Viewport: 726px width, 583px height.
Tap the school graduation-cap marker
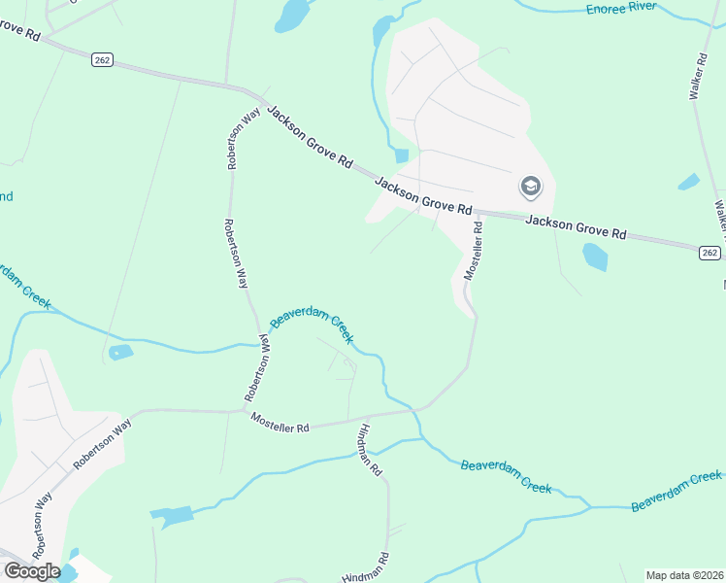[x=530, y=186]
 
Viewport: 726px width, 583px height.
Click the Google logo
[x=32, y=570]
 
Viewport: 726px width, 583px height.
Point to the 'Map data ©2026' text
[x=682, y=574]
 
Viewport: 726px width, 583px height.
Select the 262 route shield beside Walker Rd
[x=709, y=253]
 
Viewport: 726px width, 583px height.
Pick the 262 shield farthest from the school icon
[x=102, y=60]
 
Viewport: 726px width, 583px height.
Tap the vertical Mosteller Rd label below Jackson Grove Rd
[x=473, y=252]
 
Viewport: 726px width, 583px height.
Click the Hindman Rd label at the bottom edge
[x=365, y=568]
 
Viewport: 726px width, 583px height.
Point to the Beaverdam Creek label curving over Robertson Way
[x=311, y=326]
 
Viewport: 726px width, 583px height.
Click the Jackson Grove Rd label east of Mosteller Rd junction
[x=576, y=226]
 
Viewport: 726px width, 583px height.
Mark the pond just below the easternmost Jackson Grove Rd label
[x=595, y=257]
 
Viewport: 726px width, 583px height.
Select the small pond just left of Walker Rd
[x=688, y=182]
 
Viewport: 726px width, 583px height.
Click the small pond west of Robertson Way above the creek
[x=120, y=353]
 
